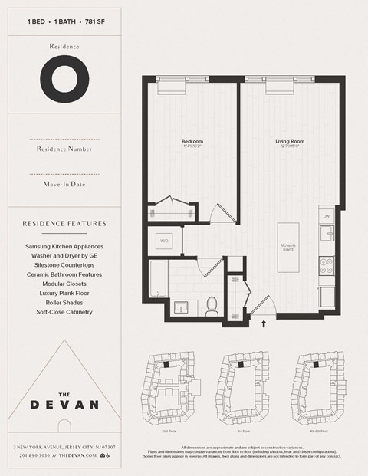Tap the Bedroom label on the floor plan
(x=192, y=142)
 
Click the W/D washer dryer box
(x=164, y=240)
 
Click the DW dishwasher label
(x=326, y=216)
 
